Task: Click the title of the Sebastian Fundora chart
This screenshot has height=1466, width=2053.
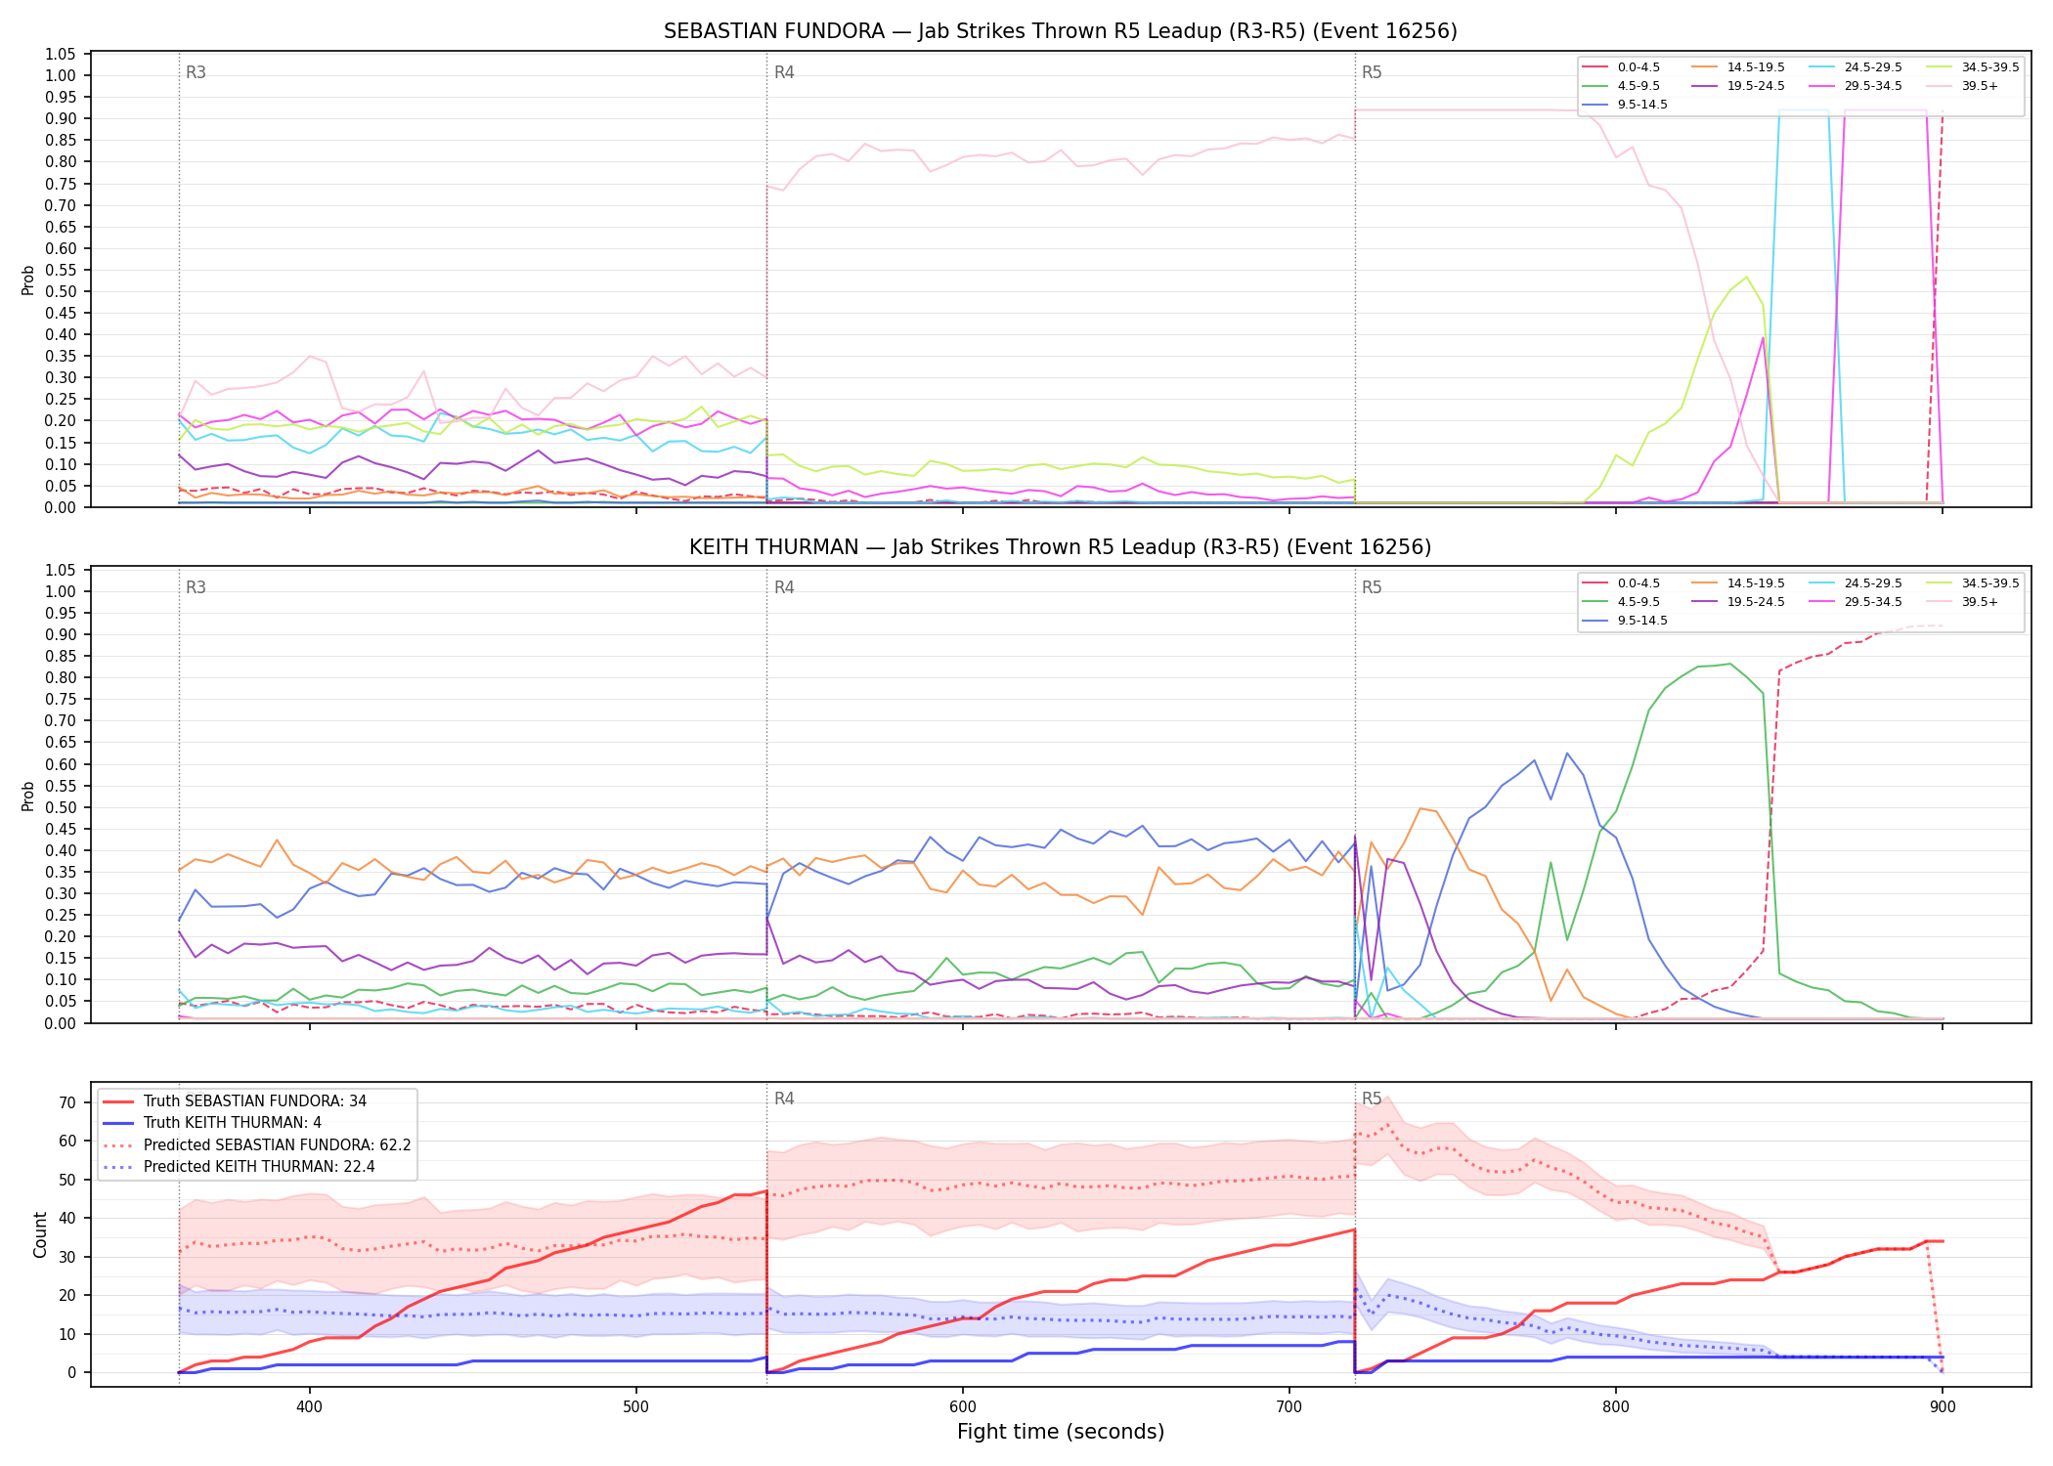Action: tap(1060, 31)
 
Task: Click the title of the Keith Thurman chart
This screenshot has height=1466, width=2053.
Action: tap(1060, 547)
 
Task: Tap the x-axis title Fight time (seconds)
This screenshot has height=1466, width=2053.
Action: tap(1061, 1432)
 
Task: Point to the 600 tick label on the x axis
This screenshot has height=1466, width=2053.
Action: tap(963, 1407)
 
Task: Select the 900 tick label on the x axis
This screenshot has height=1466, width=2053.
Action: tap(1943, 1407)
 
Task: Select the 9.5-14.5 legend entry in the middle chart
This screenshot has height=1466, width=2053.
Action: tap(1625, 621)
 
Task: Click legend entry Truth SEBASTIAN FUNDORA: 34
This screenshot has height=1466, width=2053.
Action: tap(235, 1101)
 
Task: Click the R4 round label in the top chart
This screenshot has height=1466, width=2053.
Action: tap(784, 72)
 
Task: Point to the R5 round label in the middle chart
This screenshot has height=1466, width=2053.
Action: tap(1372, 587)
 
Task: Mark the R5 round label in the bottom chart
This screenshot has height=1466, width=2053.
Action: tap(1372, 1099)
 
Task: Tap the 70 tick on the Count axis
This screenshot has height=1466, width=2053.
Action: tap(67, 1102)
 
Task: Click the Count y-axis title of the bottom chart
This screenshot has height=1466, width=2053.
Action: tap(40, 1234)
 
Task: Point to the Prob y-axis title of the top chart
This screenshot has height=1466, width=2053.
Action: tap(28, 280)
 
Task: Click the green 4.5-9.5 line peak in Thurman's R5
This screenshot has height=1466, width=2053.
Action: tap(1730, 664)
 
